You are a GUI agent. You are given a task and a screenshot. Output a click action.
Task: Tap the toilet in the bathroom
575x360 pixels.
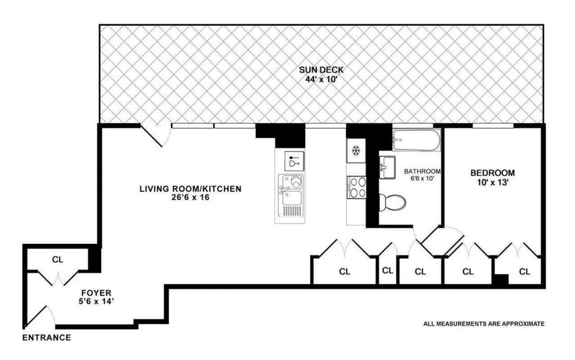click(392, 202)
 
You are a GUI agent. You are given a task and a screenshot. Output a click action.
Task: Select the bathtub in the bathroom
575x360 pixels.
click(416, 140)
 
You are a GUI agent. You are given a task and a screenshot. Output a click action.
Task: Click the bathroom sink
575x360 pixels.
click(387, 167)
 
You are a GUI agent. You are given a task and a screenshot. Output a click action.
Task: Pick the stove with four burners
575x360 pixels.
click(356, 187)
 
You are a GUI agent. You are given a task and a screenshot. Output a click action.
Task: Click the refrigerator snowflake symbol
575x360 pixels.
click(356, 151)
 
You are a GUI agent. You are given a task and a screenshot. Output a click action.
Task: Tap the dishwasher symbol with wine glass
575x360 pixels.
click(294, 161)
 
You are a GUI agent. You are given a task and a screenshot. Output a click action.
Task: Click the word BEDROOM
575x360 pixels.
click(492, 173)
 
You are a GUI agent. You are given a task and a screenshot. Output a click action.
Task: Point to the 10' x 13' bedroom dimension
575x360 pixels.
click(492, 182)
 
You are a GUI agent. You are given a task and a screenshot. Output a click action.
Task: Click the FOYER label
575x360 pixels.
click(96, 292)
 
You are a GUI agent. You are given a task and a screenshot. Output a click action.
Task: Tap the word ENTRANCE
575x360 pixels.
click(47, 337)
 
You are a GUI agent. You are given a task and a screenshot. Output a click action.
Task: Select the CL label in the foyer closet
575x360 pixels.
click(57, 260)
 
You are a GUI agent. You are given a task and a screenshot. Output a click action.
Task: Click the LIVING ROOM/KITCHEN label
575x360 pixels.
click(190, 189)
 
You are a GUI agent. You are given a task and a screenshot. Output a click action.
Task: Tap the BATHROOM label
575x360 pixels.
click(422, 171)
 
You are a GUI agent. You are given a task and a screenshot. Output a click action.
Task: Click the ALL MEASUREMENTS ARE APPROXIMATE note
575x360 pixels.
click(483, 324)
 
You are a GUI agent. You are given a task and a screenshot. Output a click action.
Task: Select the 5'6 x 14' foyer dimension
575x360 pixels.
click(96, 302)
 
